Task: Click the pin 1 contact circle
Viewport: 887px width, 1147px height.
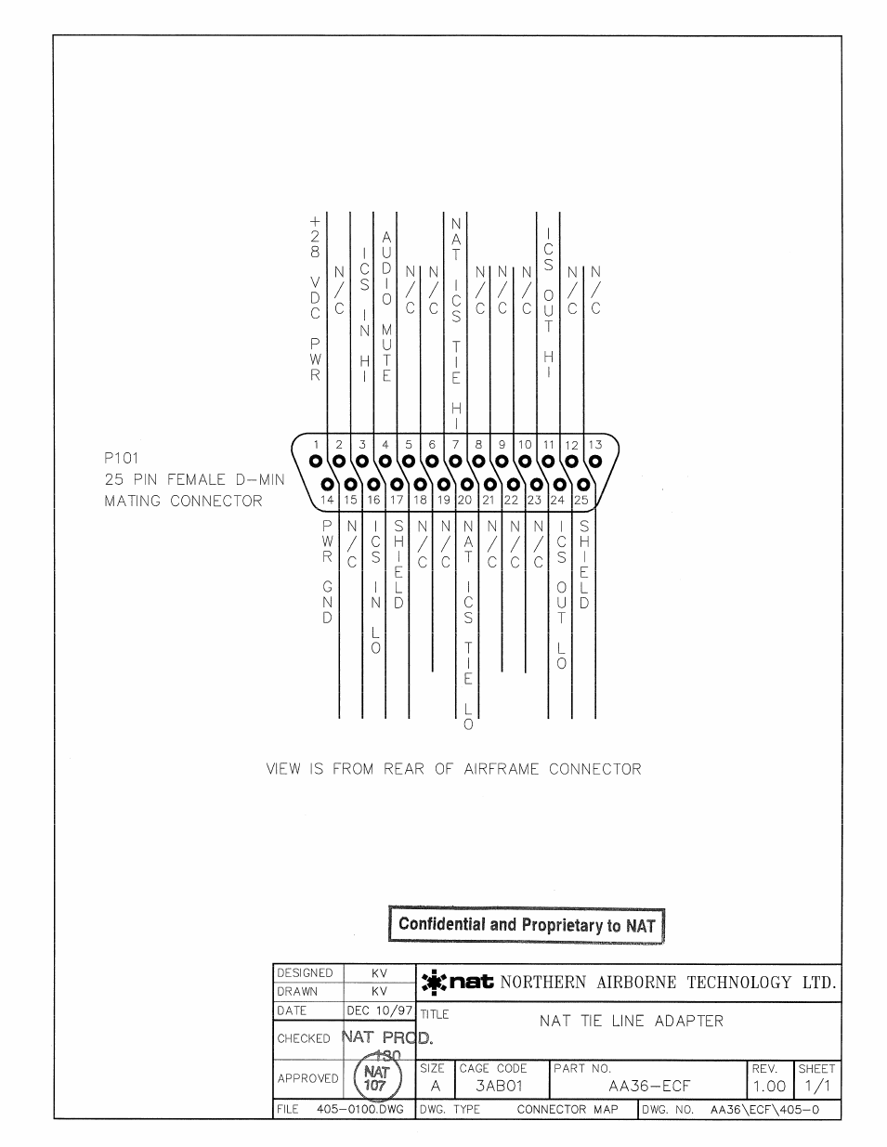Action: coord(316,461)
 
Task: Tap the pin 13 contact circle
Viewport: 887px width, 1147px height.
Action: coord(595,461)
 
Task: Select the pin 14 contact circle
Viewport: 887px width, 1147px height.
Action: coord(327,484)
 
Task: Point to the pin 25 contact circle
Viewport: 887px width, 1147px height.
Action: coord(583,484)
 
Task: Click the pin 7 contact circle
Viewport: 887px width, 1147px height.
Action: coord(455,461)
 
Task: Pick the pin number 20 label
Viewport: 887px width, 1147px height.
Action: coord(465,500)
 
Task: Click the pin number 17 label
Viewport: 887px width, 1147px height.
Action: coord(397,500)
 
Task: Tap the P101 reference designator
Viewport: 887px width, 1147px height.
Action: coord(122,458)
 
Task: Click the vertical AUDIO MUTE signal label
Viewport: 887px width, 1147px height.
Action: coord(386,307)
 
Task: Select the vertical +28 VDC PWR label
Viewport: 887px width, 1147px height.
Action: coord(315,299)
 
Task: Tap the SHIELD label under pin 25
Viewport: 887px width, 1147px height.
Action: coord(584,565)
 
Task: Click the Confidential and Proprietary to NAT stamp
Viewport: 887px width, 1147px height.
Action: coord(527,925)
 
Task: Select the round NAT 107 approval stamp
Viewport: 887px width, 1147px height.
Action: coord(375,1079)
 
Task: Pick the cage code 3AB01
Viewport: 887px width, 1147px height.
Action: coord(499,1086)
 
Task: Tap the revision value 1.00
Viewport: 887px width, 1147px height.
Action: coord(769,1086)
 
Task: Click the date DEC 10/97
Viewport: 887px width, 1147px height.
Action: coord(379,1010)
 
